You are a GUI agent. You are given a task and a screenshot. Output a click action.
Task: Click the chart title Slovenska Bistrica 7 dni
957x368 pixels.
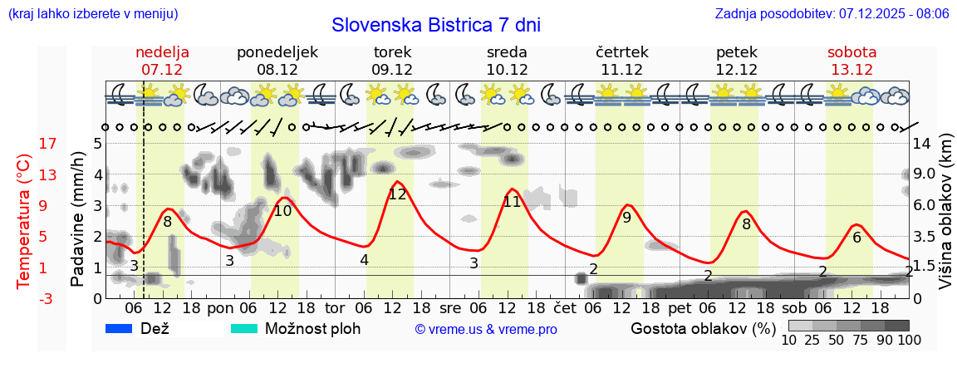click(435, 25)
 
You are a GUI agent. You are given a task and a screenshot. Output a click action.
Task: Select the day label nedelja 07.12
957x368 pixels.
click(162, 61)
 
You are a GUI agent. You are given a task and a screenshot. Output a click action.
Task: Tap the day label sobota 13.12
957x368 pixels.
click(851, 61)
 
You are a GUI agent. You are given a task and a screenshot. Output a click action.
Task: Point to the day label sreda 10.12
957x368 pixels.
click(507, 61)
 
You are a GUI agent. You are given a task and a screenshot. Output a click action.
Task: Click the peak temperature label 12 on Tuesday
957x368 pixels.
click(397, 194)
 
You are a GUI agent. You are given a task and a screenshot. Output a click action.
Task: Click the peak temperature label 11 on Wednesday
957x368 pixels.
click(512, 201)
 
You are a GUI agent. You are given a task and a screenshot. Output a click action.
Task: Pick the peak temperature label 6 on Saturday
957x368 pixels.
click(856, 237)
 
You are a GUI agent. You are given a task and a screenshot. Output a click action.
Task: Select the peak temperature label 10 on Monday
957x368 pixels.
click(282, 211)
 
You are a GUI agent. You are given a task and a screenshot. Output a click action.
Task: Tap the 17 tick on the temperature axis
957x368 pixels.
click(25, 144)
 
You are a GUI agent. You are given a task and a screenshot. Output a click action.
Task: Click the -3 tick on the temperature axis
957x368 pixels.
click(25, 298)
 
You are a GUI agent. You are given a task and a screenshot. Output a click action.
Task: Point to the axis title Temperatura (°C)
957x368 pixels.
click(25, 221)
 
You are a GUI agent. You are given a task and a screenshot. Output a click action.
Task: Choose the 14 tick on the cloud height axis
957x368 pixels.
click(922, 144)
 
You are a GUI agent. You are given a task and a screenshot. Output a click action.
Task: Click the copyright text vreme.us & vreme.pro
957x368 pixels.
click(486, 329)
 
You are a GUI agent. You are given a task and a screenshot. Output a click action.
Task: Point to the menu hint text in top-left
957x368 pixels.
click(92, 14)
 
